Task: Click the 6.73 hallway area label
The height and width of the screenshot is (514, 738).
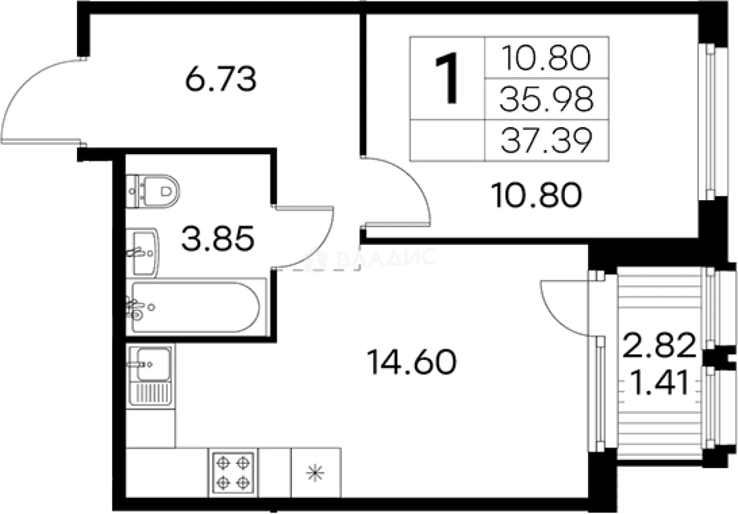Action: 221,79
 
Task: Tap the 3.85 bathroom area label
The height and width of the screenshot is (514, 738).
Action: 218,238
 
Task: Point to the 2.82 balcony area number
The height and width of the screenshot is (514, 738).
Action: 659,345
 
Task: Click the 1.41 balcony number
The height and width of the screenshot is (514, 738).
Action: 660,383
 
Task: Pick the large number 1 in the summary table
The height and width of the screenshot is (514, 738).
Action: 447,78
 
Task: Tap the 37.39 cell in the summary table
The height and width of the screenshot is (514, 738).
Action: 547,141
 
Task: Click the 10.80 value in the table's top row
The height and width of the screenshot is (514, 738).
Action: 547,58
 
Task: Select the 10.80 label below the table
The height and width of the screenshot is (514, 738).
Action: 536,195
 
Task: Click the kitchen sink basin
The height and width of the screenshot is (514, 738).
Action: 153,365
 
